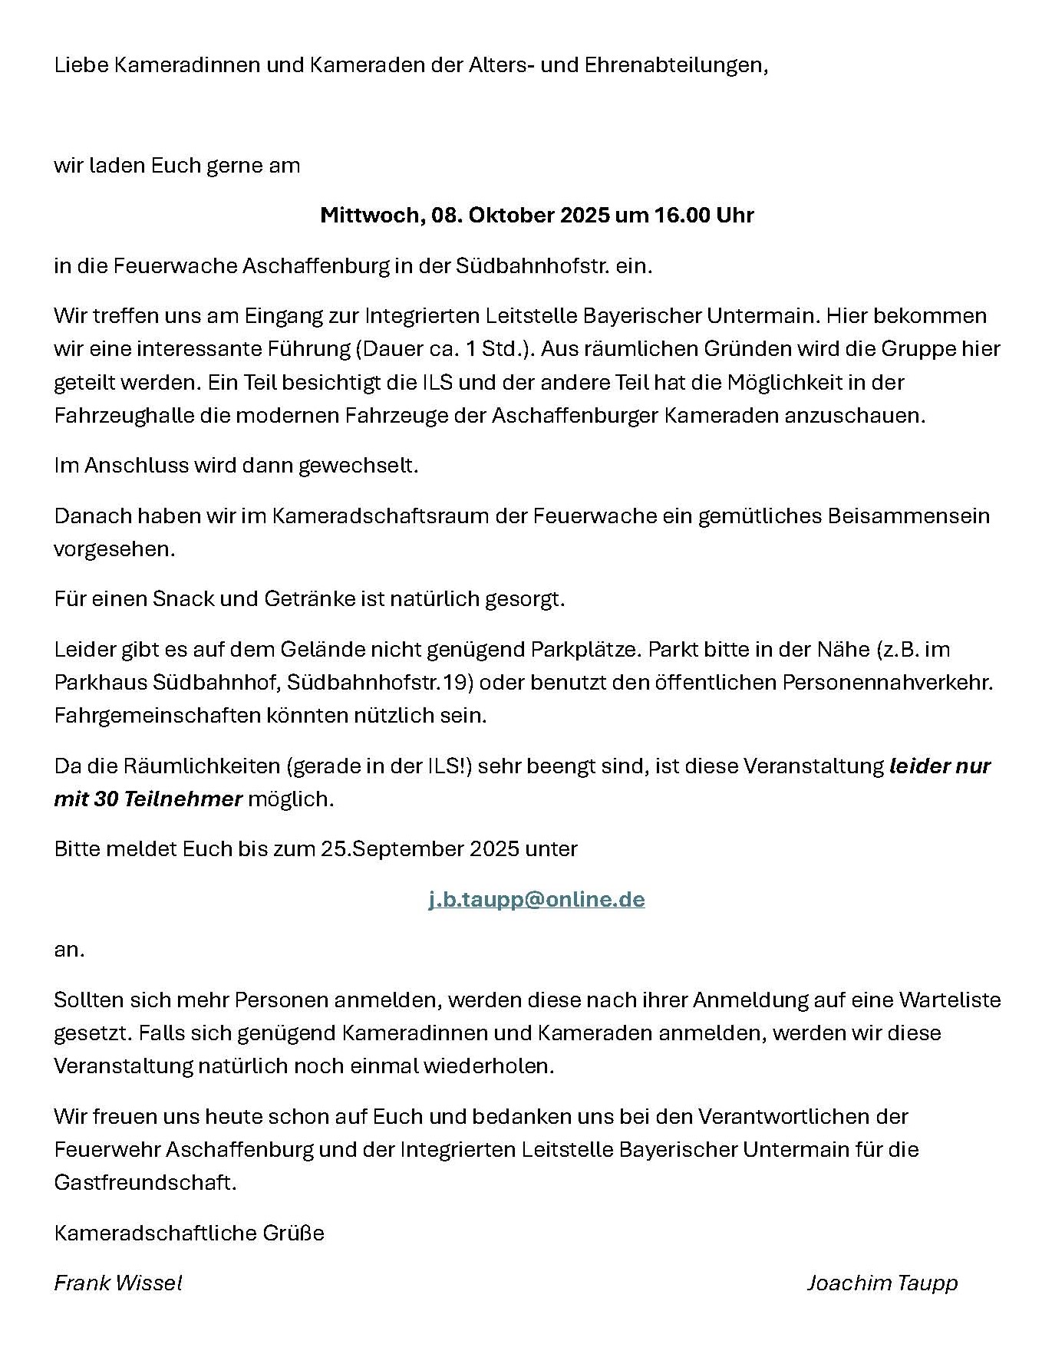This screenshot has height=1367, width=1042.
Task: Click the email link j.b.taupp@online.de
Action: coord(536,899)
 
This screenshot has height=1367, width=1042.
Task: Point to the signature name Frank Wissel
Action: coord(118,1283)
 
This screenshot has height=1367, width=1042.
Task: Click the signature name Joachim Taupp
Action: coord(882,1283)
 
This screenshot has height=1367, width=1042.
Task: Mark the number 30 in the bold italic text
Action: coord(107,799)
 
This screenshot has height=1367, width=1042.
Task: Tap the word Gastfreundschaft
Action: coord(145,1182)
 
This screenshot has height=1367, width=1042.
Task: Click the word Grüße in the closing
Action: coord(295,1233)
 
